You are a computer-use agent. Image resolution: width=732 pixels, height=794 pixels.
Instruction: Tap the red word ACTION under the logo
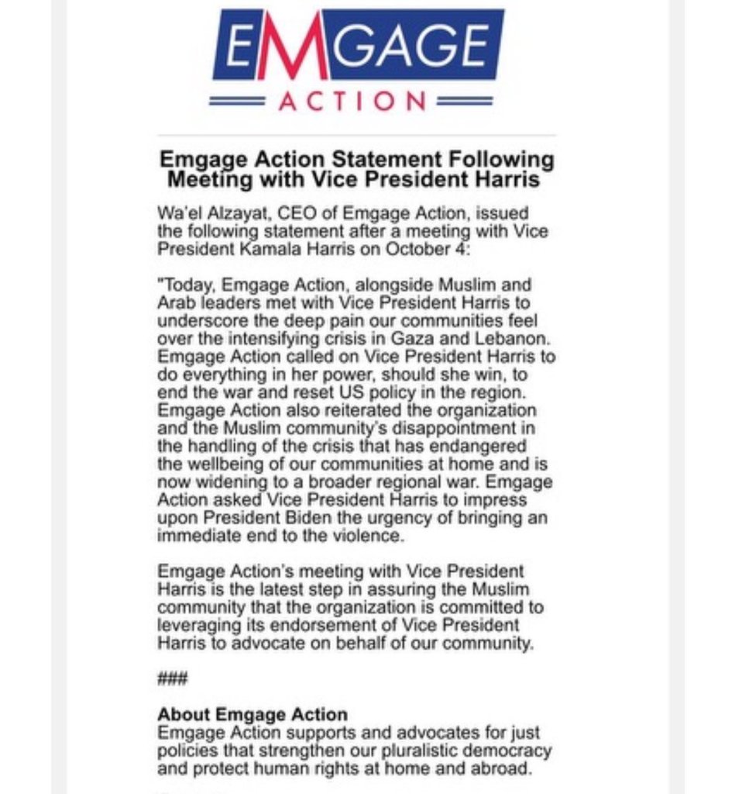[x=352, y=101]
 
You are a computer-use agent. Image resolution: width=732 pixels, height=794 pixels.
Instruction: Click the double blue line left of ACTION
[x=239, y=101]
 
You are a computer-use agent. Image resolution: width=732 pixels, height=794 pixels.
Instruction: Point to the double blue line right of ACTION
[x=465, y=101]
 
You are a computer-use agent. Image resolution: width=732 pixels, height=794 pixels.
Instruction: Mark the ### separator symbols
[x=172, y=679]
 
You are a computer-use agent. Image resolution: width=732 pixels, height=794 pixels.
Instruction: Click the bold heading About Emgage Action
[x=253, y=714]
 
